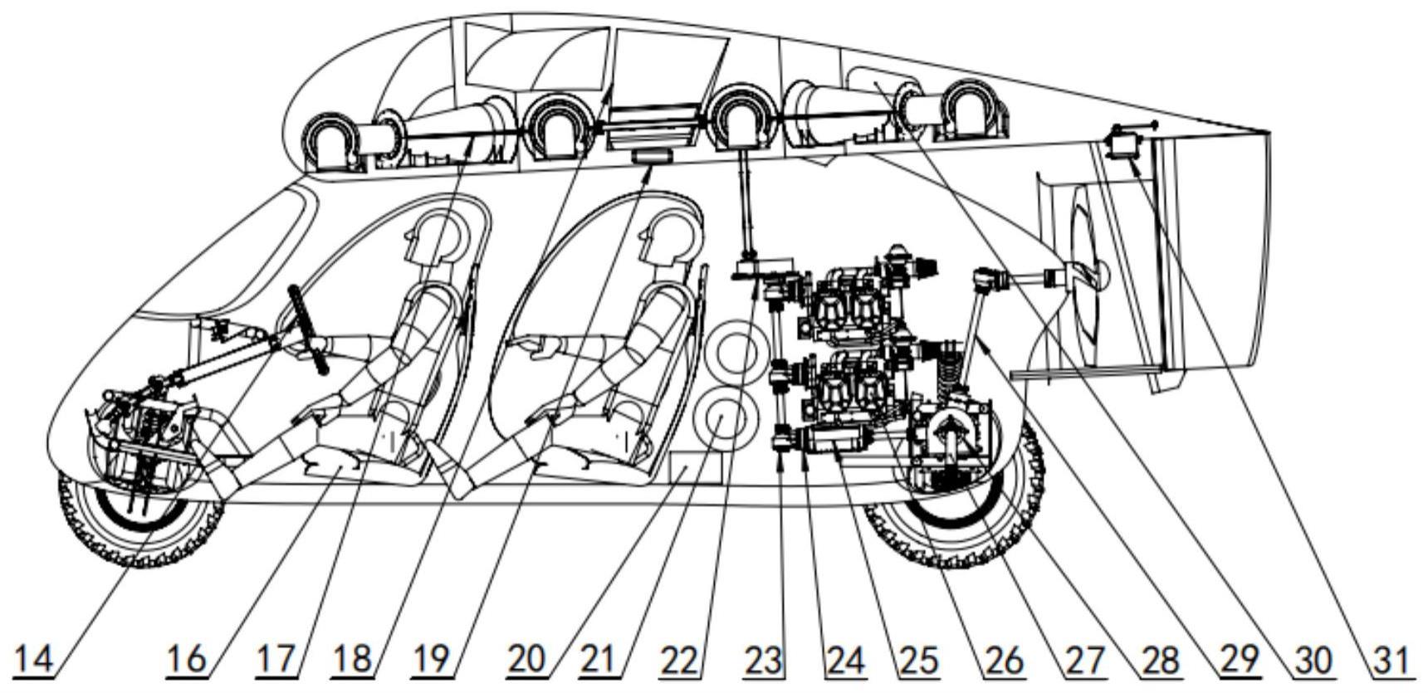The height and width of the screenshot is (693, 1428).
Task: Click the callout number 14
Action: pos(36,661)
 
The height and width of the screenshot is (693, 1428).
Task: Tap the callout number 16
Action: pos(186,661)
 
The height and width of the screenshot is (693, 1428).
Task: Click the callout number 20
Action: pos(527,661)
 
